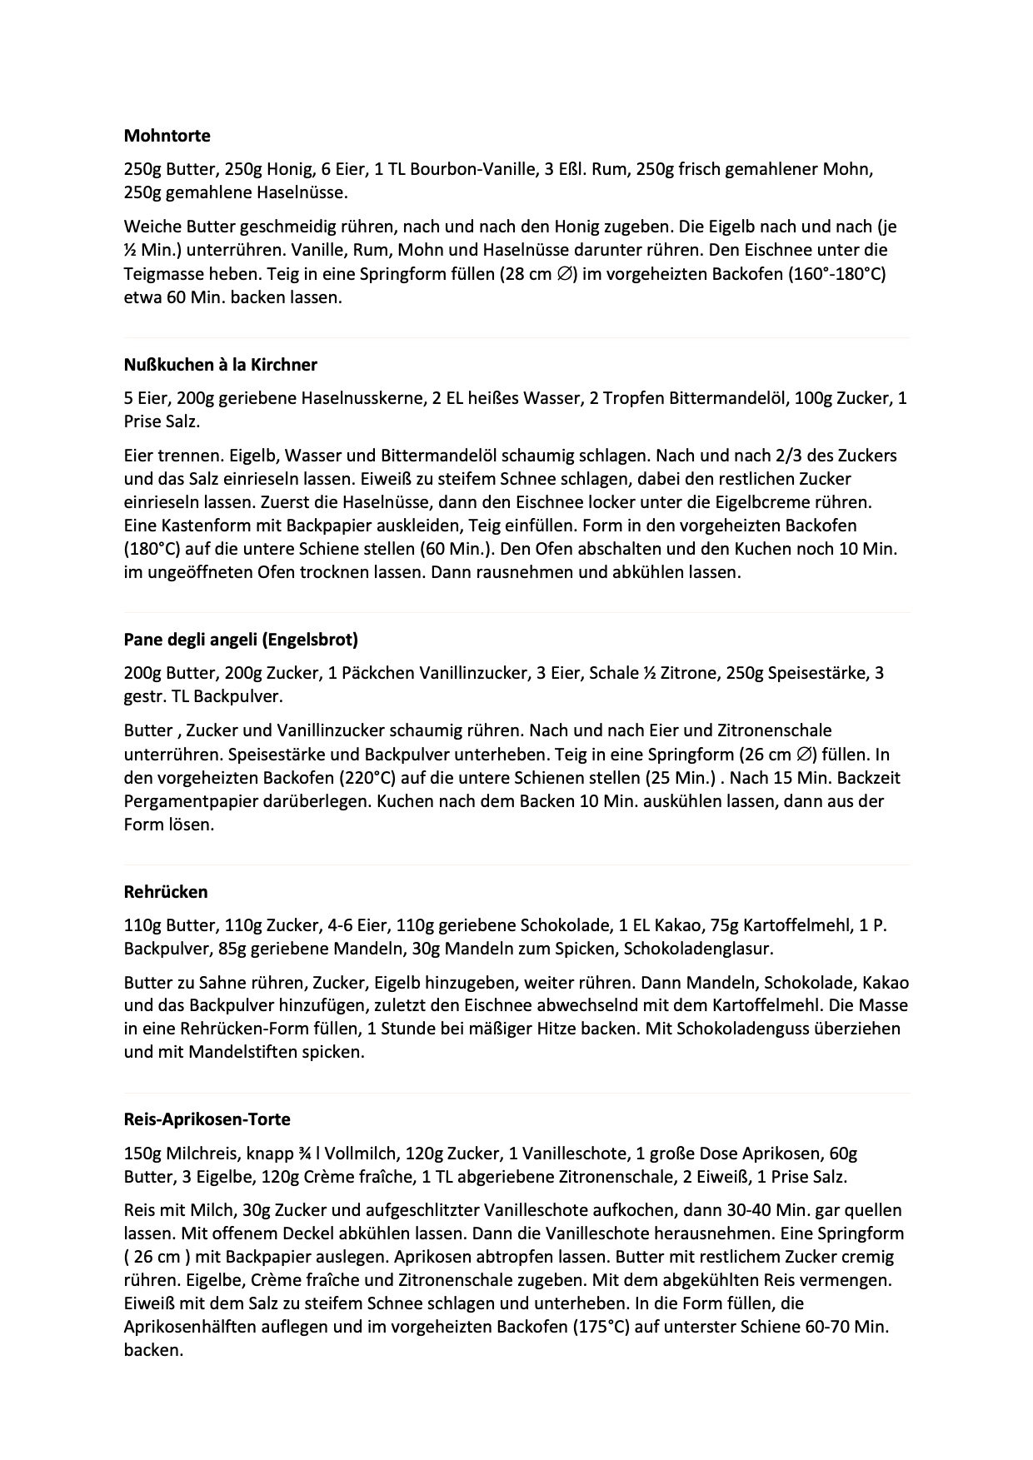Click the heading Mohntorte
click(167, 136)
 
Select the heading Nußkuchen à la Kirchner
click(220, 365)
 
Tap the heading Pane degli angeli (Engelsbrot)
click(241, 640)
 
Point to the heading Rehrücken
click(166, 892)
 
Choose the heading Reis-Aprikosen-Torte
click(207, 1119)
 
